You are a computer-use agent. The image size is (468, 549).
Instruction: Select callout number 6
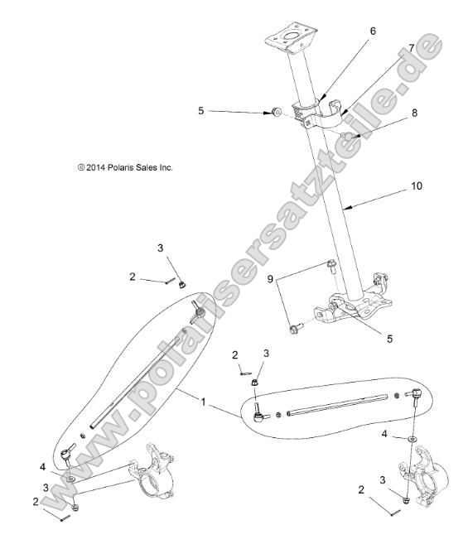pyautogui.click(x=372, y=31)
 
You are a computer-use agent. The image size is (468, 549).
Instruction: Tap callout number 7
pyautogui.click(x=412, y=48)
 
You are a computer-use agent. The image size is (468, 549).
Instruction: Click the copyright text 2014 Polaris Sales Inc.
pyautogui.click(x=125, y=167)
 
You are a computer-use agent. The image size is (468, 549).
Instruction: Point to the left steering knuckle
pyautogui.click(x=157, y=475)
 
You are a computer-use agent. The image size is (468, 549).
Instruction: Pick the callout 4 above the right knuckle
pyautogui.click(x=384, y=434)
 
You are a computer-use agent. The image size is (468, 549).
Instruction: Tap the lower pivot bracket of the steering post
pyautogui.click(x=351, y=306)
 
